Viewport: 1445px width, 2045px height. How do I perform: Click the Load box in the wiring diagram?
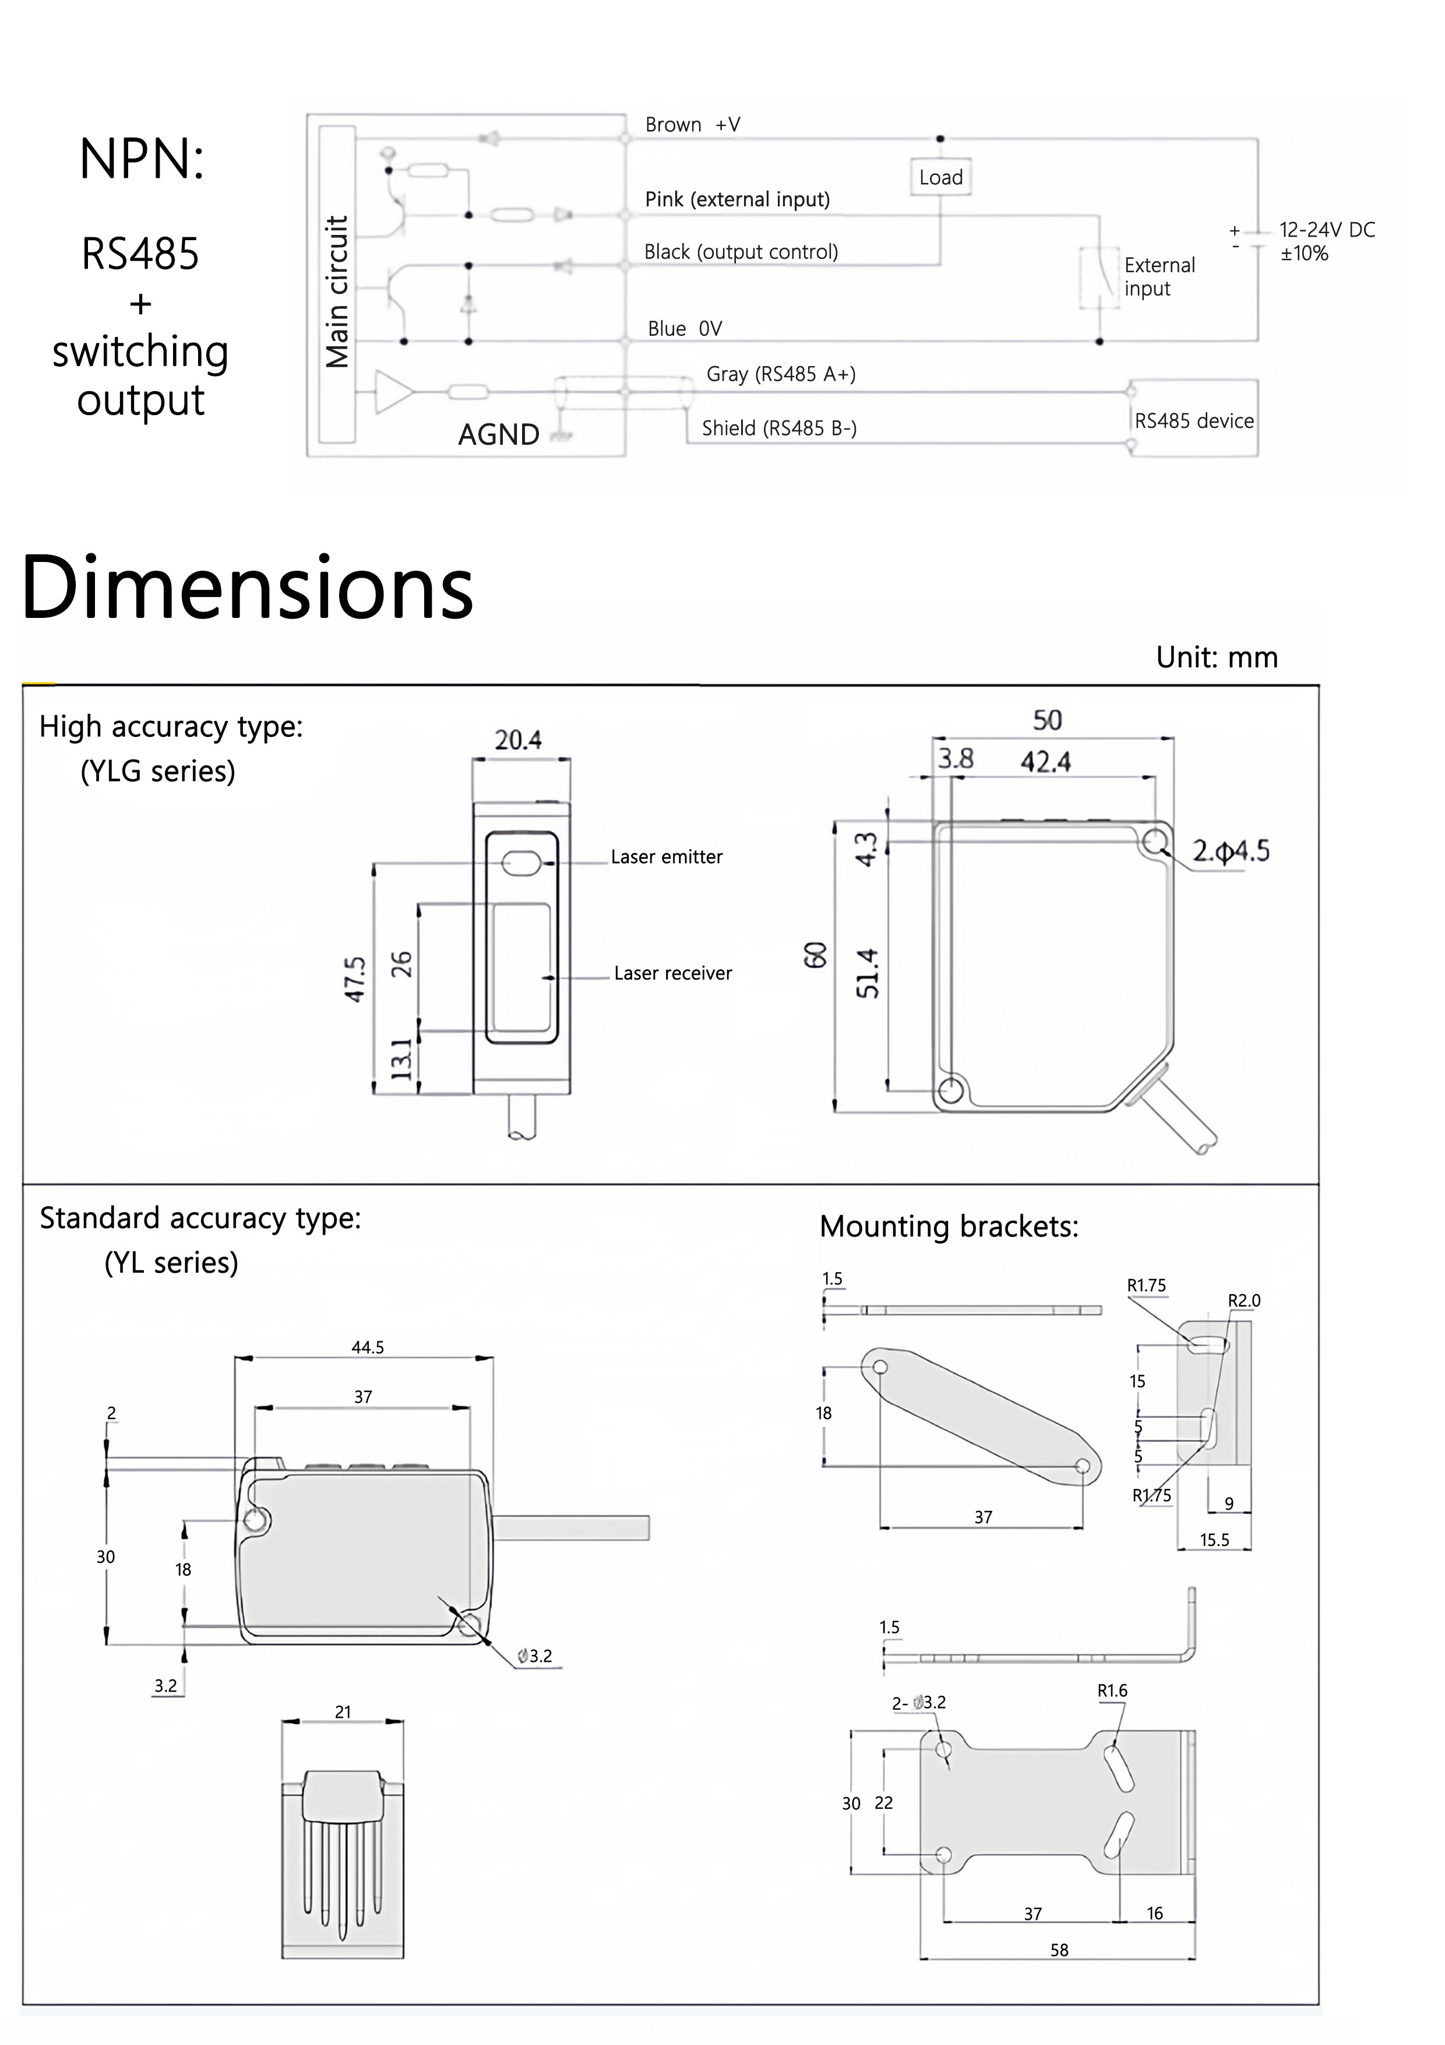(940, 177)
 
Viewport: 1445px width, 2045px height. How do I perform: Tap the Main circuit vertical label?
(337, 291)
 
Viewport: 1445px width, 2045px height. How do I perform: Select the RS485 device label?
(1193, 421)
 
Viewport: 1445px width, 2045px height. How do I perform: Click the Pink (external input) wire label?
(736, 199)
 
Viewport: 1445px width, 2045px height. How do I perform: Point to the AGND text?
(499, 435)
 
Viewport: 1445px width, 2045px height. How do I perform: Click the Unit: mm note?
(1215, 658)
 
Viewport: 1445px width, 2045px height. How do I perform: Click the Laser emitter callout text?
(666, 857)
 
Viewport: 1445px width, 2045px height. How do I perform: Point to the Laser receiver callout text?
(672, 974)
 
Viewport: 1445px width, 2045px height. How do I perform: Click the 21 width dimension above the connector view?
(343, 1712)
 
